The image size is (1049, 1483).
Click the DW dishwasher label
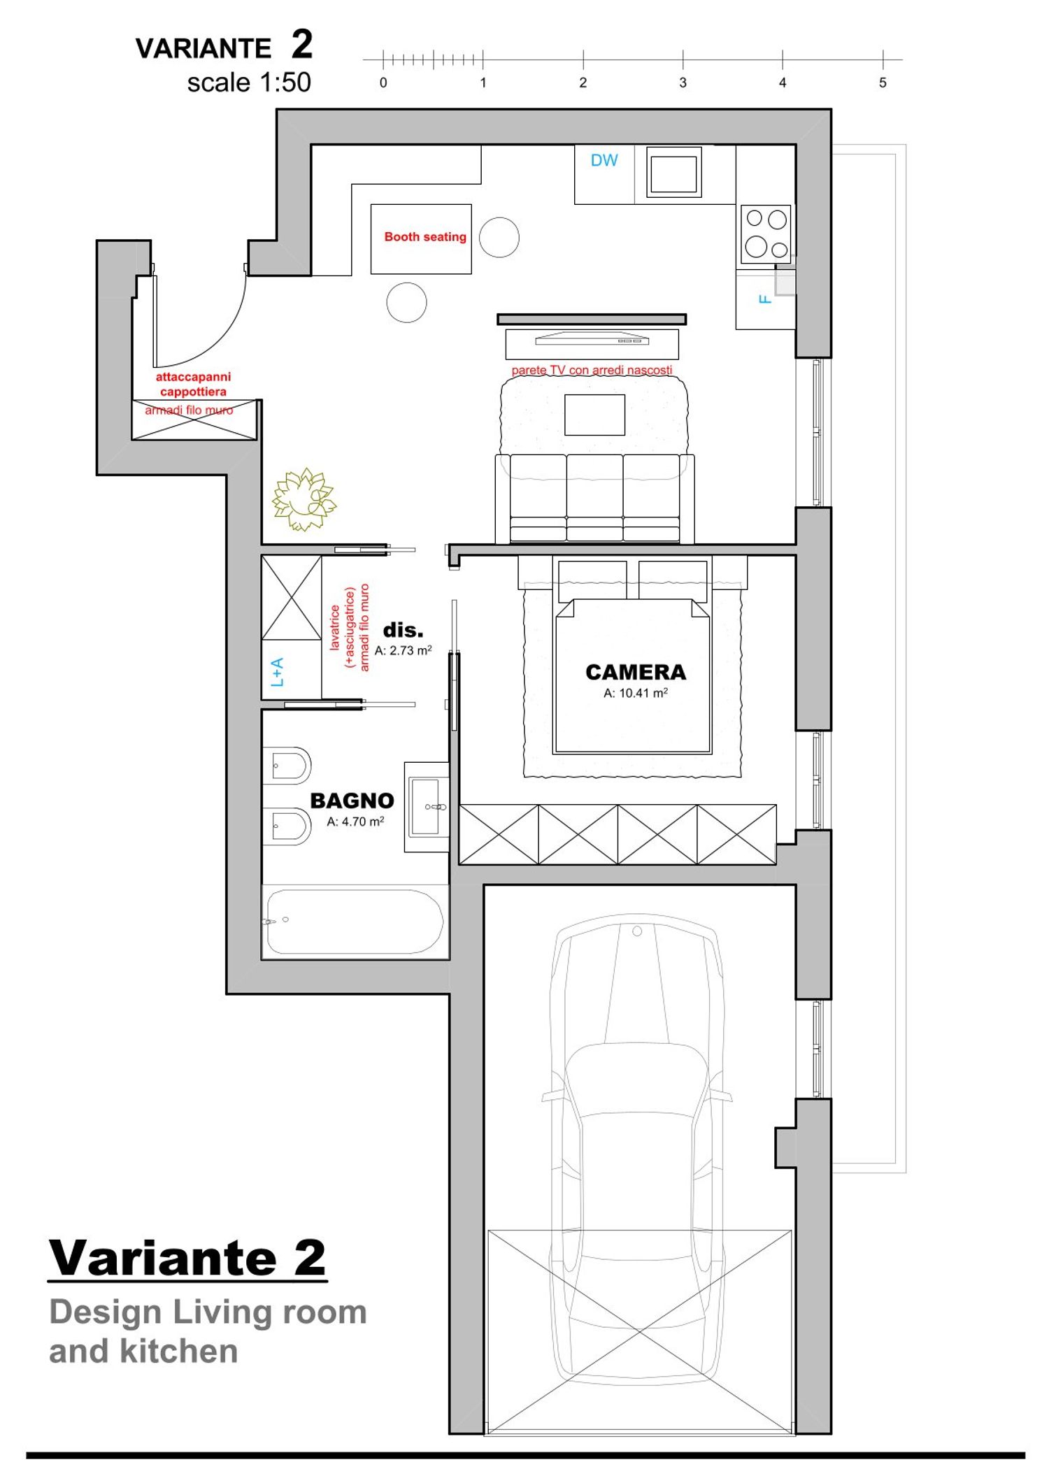604,160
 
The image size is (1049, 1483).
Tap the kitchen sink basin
673,173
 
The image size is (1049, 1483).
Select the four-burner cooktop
766,234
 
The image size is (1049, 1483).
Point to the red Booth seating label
425,237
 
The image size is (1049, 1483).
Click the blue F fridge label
765,299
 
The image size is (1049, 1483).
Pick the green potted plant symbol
304,499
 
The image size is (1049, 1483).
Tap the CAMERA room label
636,672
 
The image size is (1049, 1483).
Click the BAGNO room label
352,801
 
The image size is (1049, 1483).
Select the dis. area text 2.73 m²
404,650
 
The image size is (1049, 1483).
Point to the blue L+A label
277,672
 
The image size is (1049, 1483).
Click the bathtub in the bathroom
355,922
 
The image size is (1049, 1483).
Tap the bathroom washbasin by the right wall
427,807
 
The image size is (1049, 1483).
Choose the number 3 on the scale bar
683,83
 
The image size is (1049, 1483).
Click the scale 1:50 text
249,83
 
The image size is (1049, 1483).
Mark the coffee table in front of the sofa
594,415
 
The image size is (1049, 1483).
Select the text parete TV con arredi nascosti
592,370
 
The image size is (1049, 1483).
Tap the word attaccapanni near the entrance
193,377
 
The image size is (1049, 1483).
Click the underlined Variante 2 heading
187,1259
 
